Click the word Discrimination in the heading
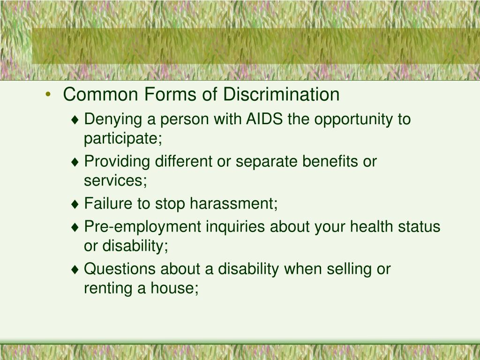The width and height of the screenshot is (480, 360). (281, 94)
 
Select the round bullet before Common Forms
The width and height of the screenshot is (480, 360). (48, 94)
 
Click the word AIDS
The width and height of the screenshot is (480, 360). (264, 119)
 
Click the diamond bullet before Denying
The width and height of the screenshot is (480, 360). (75, 120)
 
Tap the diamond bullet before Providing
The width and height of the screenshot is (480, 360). (75, 162)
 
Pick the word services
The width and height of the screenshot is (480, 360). (115, 180)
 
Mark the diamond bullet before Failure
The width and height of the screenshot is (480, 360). (75, 204)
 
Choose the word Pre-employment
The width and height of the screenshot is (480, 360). (142, 227)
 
